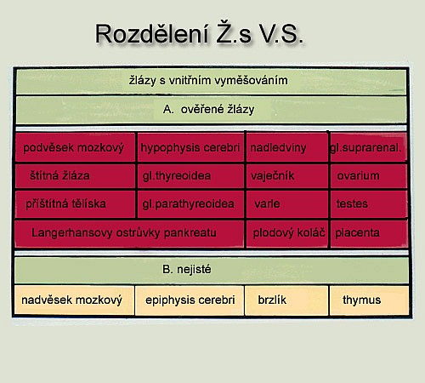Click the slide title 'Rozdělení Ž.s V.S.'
tap(199, 34)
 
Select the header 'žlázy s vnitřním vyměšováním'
tap(211, 82)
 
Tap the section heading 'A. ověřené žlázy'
tap(211, 110)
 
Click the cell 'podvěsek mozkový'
tap(75, 147)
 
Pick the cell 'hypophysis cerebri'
tap(190, 147)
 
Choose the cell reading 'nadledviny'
tap(287, 147)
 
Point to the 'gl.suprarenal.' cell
tap(368, 147)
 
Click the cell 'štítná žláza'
tap(75, 176)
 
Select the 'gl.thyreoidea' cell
tap(190, 176)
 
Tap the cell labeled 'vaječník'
tap(287, 176)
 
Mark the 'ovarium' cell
tap(368, 176)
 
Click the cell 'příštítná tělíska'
tap(75, 204)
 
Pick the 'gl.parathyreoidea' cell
tap(190, 204)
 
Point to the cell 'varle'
tap(287, 204)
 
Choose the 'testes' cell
tap(368, 204)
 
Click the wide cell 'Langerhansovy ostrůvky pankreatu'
tap(129, 234)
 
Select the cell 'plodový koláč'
tap(287, 234)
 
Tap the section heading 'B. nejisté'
tap(212, 270)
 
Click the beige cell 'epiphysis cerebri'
tap(190, 300)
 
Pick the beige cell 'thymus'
tap(369, 300)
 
